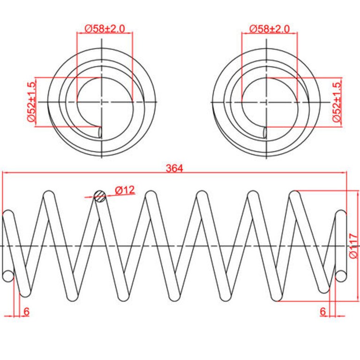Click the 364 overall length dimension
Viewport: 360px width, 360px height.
pos(174,168)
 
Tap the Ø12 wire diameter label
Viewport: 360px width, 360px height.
pos(125,190)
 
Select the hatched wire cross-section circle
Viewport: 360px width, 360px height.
pos(100,196)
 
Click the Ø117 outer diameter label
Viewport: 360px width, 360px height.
pos(353,246)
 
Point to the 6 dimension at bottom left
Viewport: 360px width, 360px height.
pos(26,312)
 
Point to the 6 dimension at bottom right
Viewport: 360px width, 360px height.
pos(323,311)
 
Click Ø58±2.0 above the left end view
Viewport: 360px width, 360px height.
pos(105,29)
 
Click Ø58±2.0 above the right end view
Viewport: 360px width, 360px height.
pos(270,29)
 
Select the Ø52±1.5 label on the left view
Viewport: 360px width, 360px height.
pos(32,102)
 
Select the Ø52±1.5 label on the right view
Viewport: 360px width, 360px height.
pos(337,102)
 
